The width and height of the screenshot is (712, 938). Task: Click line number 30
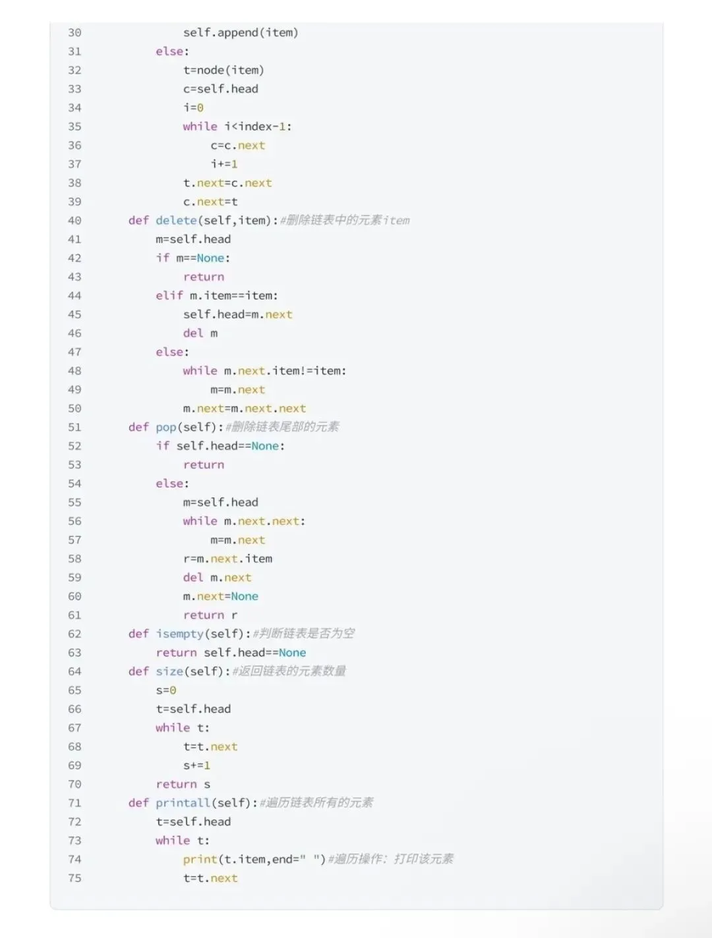[74, 32]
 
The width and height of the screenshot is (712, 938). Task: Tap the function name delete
[176, 220]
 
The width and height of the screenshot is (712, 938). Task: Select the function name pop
[166, 427]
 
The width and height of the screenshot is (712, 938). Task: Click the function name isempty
[179, 634]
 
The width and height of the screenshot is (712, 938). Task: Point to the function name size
[169, 671]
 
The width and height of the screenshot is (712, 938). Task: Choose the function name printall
[183, 802]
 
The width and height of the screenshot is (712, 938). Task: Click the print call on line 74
[200, 859]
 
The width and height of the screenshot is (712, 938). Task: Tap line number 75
[74, 878]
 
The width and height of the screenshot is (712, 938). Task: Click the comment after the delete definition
[345, 220]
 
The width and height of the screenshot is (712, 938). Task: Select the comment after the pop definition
[282, 427]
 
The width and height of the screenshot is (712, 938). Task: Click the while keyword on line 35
[200, 126]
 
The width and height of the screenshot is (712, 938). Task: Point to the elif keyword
[169, 296]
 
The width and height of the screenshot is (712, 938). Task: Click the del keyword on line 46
[193, 333]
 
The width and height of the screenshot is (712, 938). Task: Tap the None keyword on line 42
[210, 258]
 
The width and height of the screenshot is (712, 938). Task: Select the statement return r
[210, 615]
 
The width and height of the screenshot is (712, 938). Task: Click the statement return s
[183, 784]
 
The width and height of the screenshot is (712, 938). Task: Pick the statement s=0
[166, 690]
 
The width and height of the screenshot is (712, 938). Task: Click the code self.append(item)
[241, 32]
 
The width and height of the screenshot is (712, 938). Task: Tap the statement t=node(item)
[223, 70]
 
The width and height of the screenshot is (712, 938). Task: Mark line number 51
[74, 427]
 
